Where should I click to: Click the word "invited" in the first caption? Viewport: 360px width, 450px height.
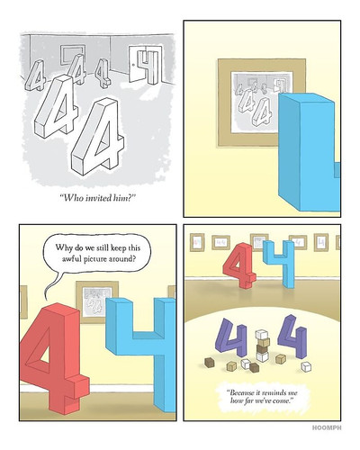[x=96, y=198]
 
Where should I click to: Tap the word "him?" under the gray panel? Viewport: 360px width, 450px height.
[x=122, y=198]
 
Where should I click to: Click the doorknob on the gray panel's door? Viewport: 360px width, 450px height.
[x=133, y=64]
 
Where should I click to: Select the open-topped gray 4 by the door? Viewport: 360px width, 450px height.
[x=148, y=67]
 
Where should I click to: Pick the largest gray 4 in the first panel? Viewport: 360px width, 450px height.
[x=97, y=137]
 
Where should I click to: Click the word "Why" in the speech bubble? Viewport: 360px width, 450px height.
[x=62, y=247]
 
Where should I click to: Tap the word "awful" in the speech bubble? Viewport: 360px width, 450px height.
[x=70, y=258]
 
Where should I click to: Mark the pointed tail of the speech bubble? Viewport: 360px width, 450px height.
[x=46, y=299]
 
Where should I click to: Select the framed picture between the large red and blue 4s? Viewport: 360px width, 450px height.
[x=96, y=301]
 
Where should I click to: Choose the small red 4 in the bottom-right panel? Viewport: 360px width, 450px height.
[x=239, y=265]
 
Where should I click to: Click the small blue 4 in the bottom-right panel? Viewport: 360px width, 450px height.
[x=280, y=264]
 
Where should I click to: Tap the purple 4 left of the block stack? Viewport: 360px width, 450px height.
[x=231, y=337]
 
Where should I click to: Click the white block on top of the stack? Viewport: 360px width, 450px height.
[x=261, y=334]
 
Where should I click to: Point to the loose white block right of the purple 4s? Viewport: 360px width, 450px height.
[x=306, y=366]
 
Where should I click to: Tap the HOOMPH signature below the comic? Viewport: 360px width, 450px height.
[x=327, y=427]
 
